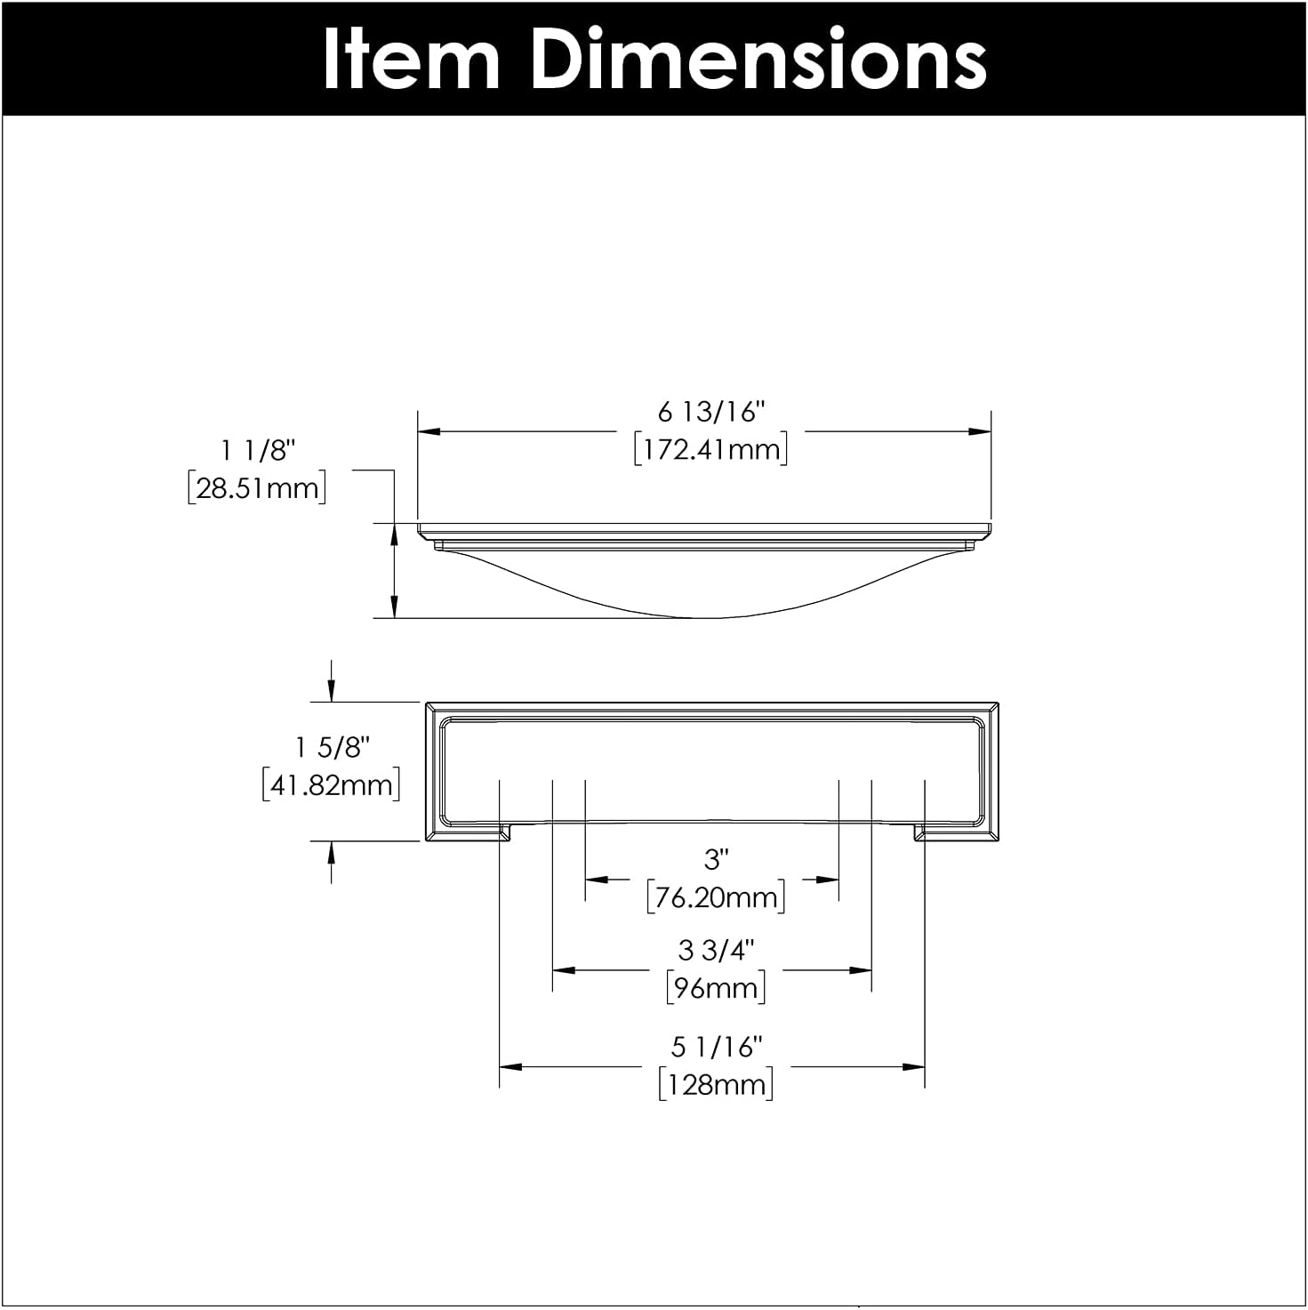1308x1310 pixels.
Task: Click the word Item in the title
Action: [x=411, y=59]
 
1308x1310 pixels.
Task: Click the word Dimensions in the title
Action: [x=758, y=59]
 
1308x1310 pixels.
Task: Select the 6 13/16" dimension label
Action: [x=711, y=412]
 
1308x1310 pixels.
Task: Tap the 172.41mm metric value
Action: [x=711, y=449]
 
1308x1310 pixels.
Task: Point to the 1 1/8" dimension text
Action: [x=258, y=451]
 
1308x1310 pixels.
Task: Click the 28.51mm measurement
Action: [x=257, y=488]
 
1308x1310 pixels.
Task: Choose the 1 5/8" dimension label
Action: [x=332, y=747]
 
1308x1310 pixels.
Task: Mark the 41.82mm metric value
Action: [x=332, y=785]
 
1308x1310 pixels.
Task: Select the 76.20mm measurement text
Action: [x=716, y=897]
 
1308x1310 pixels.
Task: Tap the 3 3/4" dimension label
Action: [x=716, y=950]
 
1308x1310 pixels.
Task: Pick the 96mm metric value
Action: [x=716, y=988]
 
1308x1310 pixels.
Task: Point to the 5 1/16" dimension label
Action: [x=716, y=1047]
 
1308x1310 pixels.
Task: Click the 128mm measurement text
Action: [x=716, y=1085]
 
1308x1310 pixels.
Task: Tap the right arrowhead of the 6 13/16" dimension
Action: [x=981, y=432]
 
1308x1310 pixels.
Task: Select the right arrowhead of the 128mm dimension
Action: [x=915, y=1066]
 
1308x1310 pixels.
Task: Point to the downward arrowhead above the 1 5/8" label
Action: [x=332, y=692]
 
